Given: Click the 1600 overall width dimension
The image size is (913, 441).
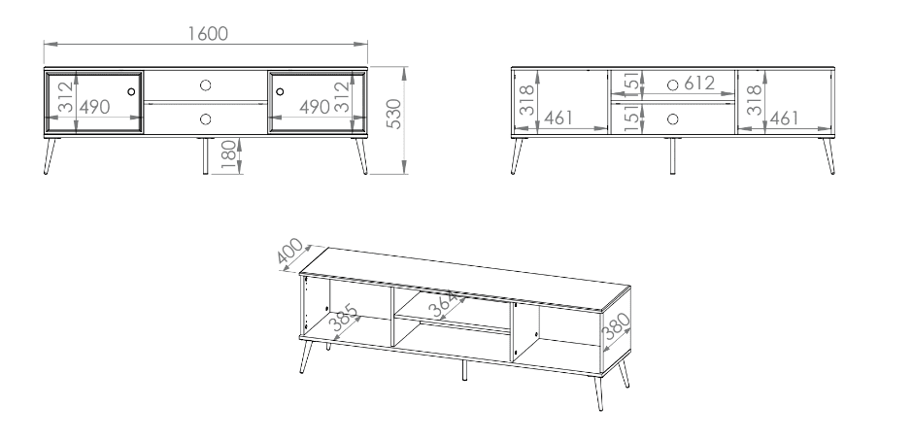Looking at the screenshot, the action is pyautogui.click(x=207, y=34).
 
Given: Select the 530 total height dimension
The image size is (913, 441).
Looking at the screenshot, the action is pyautogui.click(x=394, y=114).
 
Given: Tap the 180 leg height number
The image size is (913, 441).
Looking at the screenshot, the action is pyautogui.click(x=229, y=155).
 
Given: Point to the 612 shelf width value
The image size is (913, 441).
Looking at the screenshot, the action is pyautogui.click(x=699, y=84).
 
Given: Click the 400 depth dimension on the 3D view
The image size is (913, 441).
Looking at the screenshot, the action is pyautogui.click(x=290, y=253).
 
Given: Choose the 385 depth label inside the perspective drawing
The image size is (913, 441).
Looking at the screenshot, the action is pyautogui.click(x=345, y=318).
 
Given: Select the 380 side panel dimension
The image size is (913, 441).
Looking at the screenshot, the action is pyautogui.click(x=616, y=326).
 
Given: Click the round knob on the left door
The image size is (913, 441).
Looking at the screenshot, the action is pyautogui.click(x=131, y=91).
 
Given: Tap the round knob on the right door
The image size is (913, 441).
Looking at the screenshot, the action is pyautogui.click(x=280, y=91).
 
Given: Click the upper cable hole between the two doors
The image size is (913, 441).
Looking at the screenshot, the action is pyautogui.click(x=205, y=85).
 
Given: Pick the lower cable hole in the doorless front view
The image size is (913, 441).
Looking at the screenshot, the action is pyautogui.click(x=672, y=119).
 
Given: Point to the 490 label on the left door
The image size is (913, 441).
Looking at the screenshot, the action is pyautogui.click(x=94, y=107).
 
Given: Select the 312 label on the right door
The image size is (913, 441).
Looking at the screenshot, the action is pyautogui.click(x=342, y=97).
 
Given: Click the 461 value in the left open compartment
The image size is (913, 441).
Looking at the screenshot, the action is pyautogui.click(x=558, y=119).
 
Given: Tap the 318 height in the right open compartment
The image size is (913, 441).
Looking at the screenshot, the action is pyautogui.click(x=754, y=99).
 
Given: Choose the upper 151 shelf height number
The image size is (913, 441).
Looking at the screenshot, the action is pyautogui.click(x=630, y=84).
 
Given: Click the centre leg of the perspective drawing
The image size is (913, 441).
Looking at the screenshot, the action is pyautogui.click(x=464, y=370).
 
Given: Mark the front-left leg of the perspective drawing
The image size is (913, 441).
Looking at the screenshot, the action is pyautogui.click(x=306, y=356).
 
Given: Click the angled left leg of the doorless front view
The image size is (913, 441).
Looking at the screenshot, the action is pyautogui.click(x=517, y=156).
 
